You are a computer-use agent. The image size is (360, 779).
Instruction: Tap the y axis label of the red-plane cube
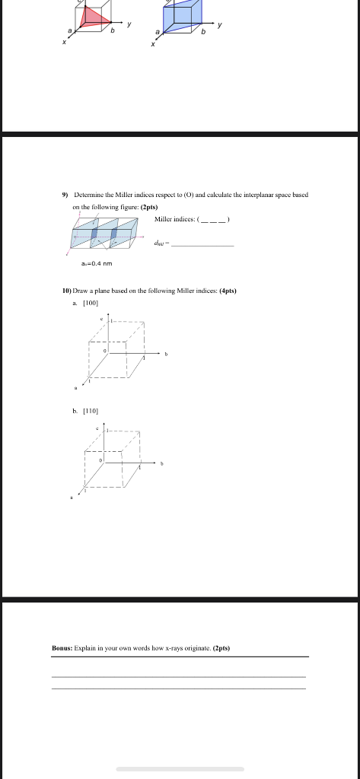tap(129, 24)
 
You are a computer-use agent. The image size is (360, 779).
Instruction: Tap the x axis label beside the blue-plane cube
tap(153, 44)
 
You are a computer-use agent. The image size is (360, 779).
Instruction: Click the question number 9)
tap(65, 195)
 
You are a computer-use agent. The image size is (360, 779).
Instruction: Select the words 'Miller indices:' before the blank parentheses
tap(174, 219)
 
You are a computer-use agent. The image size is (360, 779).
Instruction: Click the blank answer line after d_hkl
tap(205, 244)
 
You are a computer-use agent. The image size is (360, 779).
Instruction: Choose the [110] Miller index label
tap(89, 410)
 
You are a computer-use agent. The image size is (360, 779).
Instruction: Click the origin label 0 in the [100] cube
tap(105, 351)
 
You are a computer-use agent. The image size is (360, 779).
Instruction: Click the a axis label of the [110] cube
tap(71, 498)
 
